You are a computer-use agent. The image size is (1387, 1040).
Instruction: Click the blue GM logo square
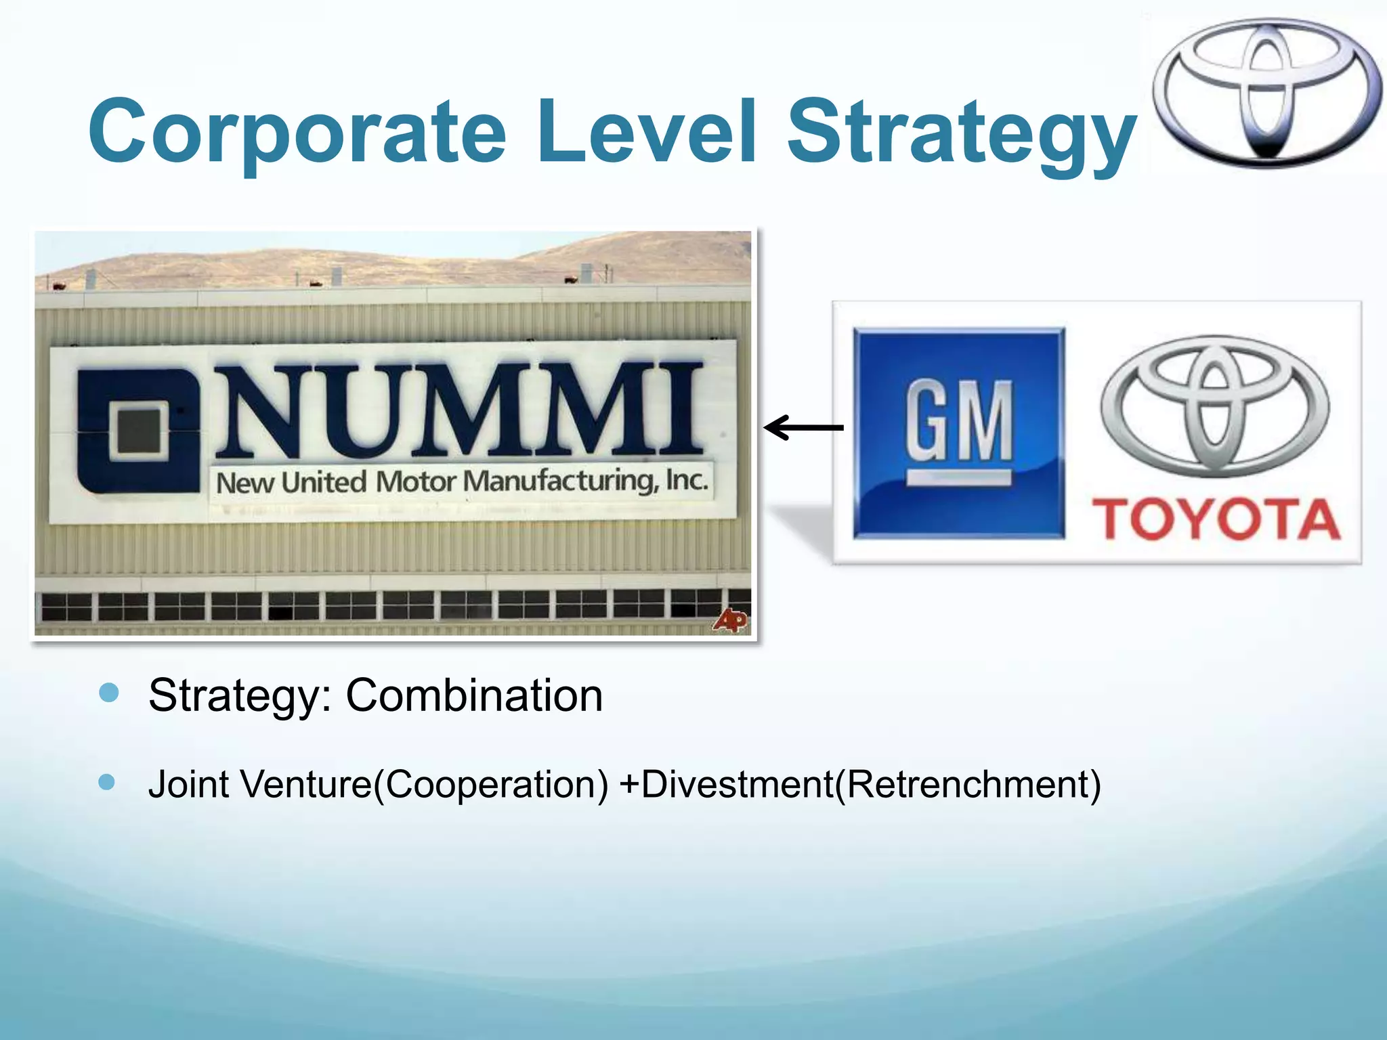point(958,433)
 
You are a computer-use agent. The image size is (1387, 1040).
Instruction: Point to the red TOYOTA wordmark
point(1216,519)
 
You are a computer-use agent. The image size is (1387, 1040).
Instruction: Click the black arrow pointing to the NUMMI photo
point(804,427)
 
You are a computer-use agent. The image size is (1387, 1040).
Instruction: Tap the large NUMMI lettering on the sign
point(461,410)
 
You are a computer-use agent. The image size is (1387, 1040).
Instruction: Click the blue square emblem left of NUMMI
point(139,430)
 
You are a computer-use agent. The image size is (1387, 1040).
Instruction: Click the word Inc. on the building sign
point(687,479)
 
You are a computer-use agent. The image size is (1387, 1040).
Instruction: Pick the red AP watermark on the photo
point(730,620)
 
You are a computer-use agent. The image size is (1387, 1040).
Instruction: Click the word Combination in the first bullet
point(474,695)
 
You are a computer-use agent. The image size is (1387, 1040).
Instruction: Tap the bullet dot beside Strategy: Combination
point(109,693)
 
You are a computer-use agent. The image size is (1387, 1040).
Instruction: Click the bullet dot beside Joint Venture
point(107,782)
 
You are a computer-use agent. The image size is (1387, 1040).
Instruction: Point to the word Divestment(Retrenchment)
point(870,784)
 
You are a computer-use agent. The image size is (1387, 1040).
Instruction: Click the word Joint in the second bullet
point(188,784)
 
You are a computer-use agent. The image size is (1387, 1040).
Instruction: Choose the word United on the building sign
point(324,483)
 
